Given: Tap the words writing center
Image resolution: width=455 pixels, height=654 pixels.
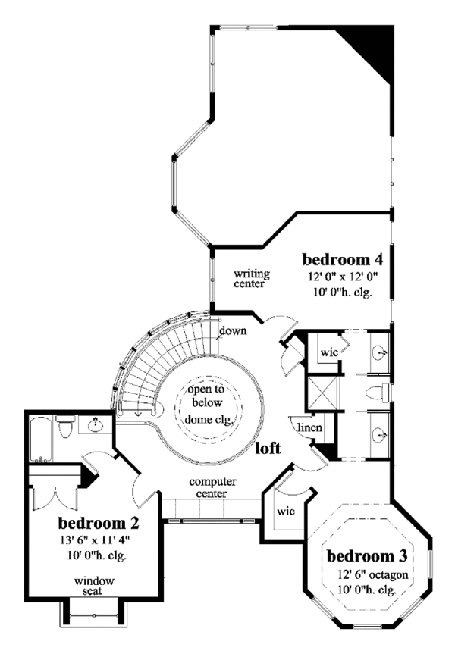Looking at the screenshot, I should [249, 279].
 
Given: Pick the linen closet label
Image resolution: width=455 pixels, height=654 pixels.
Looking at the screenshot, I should [309, 427].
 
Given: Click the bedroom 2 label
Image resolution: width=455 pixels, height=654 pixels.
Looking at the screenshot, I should [99, 523].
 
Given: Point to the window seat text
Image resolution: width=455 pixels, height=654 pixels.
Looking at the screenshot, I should [93, 586].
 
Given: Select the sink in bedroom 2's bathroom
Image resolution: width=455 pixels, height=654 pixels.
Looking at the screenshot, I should [96, 427].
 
